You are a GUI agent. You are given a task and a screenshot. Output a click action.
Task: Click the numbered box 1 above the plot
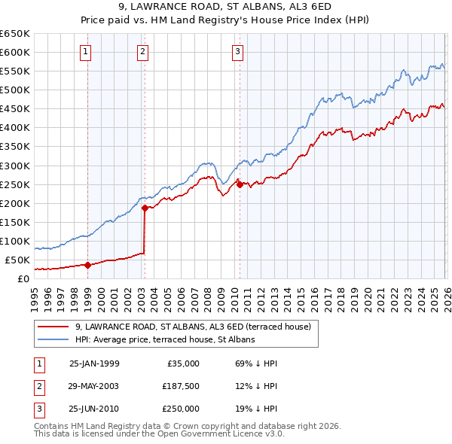tap(86, 52)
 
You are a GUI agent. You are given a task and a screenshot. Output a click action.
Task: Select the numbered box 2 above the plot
tap(142, 52)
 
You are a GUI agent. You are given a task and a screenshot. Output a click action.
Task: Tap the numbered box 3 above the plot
tap(237, 52)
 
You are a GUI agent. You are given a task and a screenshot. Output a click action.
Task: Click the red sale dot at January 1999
tap(87, 265)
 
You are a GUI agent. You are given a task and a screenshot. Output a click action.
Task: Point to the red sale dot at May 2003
tap(145, 208)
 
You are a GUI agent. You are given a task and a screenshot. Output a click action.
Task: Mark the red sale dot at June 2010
tap(239, 184)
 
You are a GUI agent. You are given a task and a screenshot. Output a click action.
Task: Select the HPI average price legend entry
tap(165, 339)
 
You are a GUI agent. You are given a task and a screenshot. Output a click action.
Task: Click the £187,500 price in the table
tap(180, 386)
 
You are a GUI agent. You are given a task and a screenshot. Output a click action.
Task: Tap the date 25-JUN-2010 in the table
tap(93, 409)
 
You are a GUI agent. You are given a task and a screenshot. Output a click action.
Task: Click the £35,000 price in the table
tap(182, 363)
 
